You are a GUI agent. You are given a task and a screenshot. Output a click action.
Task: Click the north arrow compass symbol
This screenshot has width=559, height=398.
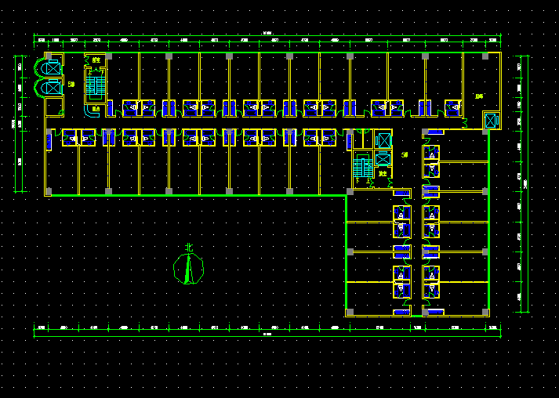(187, 269)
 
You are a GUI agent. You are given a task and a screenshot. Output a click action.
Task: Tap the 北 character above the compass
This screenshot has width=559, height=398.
(188, 248)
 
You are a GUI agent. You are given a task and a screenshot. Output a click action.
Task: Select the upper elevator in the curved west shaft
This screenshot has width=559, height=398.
(52, 68)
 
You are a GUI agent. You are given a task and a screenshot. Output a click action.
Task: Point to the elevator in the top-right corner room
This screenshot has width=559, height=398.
(490, 121)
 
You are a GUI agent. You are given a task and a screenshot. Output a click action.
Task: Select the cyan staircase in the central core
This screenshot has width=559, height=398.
(362, 166)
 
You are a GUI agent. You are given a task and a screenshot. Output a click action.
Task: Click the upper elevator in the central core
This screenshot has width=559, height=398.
(383, 140)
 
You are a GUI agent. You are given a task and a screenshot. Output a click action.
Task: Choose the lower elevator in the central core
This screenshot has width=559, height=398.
(383, 160)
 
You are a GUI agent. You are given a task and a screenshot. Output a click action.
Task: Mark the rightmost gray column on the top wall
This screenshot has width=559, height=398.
(485, 56)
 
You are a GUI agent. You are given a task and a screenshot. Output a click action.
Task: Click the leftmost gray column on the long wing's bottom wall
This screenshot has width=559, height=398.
(49, 191)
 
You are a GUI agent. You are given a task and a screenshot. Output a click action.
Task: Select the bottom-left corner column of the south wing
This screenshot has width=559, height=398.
(350, 312)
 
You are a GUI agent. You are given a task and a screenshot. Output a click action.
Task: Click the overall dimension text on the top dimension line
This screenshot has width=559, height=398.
(267, 33)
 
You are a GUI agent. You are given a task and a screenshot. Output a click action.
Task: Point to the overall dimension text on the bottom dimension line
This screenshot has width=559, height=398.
(267, 335)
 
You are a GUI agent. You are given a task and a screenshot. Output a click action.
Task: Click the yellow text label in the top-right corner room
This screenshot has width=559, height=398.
(478, 96)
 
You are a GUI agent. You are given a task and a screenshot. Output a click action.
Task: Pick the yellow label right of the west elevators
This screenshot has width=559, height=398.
(71, 84)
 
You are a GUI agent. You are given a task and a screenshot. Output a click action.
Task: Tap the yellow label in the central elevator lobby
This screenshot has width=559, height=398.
(405, 155)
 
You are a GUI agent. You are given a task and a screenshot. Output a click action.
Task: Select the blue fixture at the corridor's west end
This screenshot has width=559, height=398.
(49, 142)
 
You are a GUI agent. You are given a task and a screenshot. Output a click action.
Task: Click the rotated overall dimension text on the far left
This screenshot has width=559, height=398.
(13, 124)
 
